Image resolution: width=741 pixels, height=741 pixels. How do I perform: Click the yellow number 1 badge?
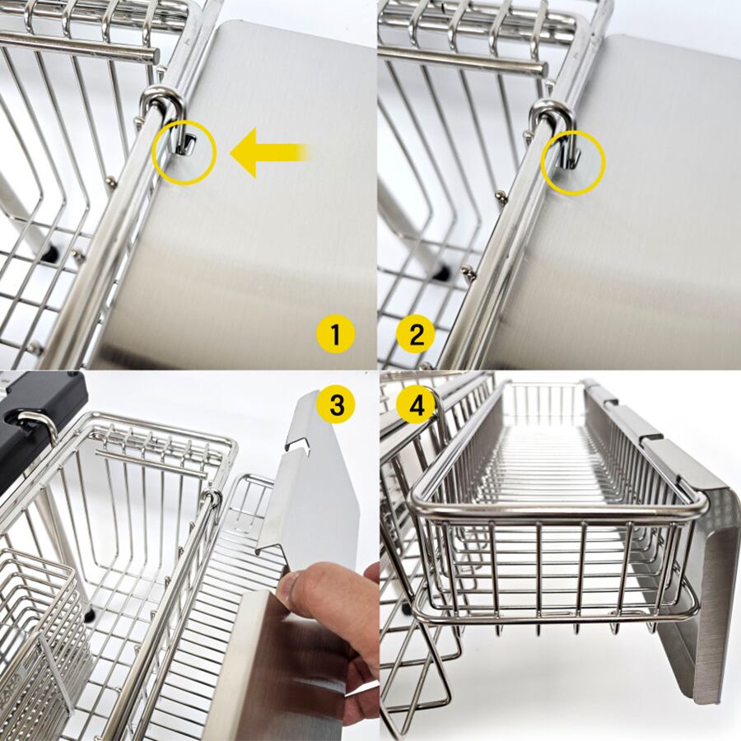tap(335, 334)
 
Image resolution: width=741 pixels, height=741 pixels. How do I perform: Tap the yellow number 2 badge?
tap(416, 334)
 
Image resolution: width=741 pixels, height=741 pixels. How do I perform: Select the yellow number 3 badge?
tap(337, 405)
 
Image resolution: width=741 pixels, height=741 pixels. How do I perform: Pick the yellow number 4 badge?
tap(417, 405)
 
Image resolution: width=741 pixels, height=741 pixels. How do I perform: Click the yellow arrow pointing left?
tap(269, 152)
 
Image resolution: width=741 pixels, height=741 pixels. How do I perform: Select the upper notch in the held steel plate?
tap(298, 446)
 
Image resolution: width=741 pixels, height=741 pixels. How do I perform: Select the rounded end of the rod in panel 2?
tap(540, 68)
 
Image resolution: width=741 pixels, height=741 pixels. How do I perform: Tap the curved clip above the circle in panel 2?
tap(552, 114)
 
